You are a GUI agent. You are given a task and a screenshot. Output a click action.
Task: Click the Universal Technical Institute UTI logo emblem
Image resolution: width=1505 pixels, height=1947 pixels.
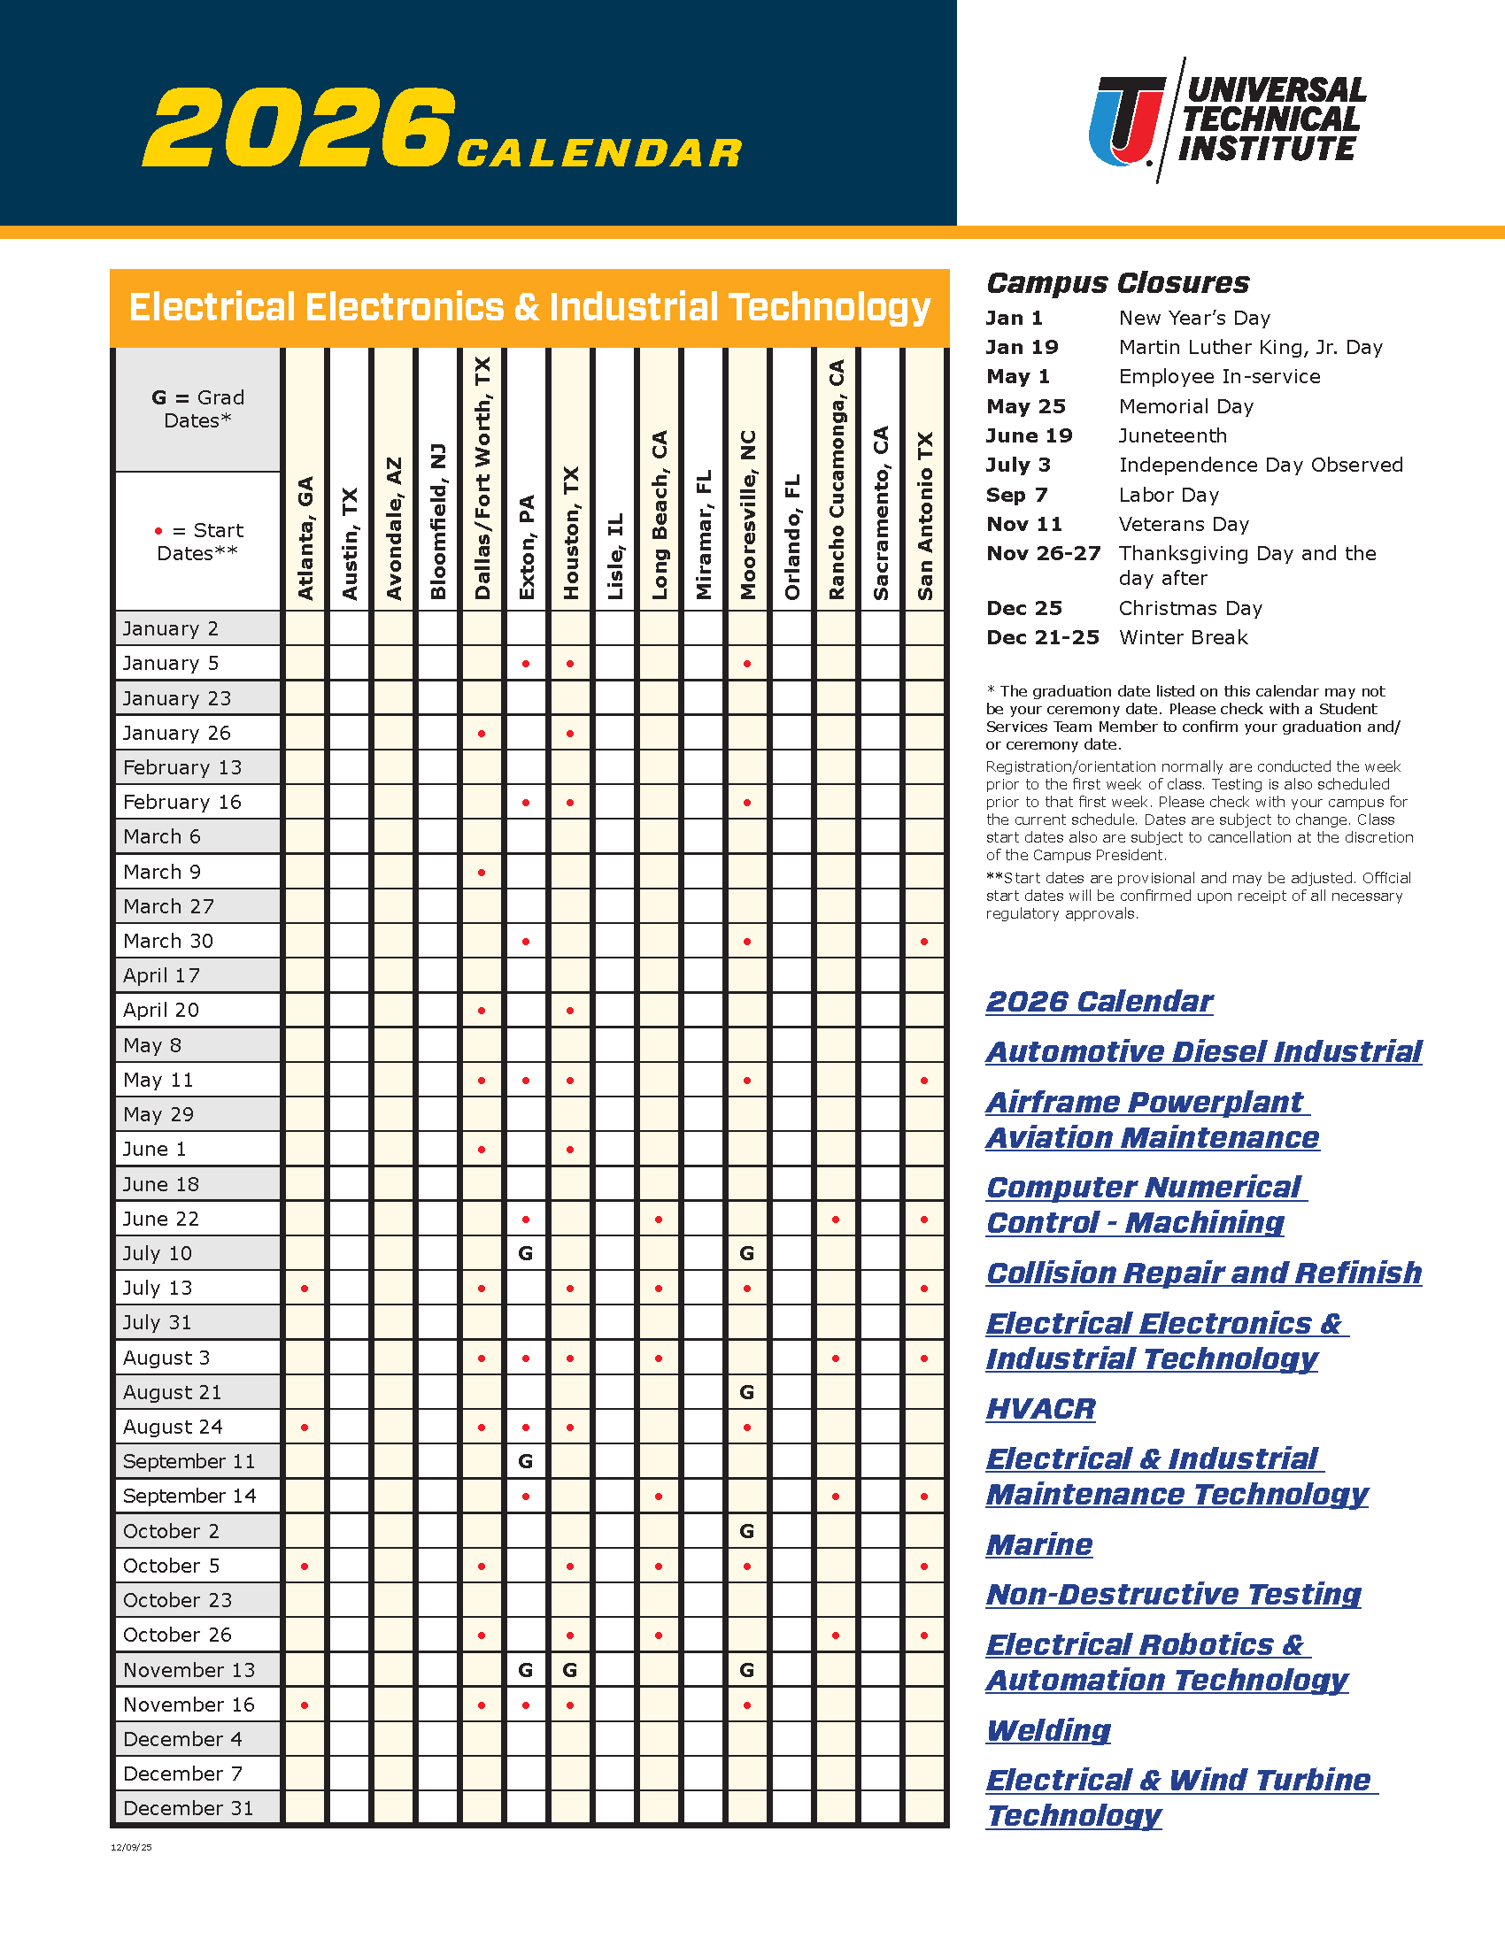(1127, 121)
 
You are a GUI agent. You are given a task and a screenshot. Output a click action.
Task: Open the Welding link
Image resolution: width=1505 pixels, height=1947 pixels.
(1048, 1730)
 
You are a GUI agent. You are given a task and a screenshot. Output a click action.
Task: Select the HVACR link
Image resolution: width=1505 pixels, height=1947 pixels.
(1040, 1409)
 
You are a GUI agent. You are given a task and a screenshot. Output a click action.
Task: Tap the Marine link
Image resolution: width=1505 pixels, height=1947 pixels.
(1038, 1544)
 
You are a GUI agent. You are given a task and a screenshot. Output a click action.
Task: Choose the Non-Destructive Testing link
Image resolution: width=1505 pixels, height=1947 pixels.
(1173, 1594)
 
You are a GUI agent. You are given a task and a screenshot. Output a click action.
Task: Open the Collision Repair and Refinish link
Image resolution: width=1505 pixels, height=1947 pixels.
(1204, 1273)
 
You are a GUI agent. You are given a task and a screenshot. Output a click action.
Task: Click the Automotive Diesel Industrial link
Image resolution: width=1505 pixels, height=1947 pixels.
(1204, 1052)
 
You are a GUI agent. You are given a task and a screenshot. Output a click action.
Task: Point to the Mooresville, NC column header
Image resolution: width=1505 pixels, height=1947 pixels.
(747, 515)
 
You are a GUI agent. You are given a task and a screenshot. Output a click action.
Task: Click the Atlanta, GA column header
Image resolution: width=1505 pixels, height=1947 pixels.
(305, 537)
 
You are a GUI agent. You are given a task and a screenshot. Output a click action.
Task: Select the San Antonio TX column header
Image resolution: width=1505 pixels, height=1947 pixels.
(924, 516)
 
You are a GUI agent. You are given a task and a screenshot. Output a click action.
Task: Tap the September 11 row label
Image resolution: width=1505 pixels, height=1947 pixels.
(189, 1461)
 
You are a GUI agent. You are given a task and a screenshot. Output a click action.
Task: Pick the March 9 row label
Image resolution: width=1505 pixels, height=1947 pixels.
(162, 872)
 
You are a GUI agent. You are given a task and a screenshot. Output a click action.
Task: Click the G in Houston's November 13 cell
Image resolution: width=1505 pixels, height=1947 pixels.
(570, 1670)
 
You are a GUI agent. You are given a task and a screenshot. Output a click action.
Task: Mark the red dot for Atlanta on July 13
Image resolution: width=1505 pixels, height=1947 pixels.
(305, 1289)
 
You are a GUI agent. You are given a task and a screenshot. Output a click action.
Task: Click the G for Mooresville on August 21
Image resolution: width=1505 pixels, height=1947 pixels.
(747, 1391)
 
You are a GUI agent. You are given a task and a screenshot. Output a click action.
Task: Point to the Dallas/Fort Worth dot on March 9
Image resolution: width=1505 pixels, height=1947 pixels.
(482, 872)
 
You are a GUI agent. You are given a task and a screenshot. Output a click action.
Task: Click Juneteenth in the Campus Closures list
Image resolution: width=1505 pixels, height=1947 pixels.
(1172, 436)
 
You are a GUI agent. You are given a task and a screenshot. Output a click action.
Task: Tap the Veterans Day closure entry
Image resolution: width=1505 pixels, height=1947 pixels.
(1184, 524)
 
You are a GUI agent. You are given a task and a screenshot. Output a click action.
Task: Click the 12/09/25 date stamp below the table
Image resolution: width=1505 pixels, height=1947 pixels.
(131, 1847)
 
